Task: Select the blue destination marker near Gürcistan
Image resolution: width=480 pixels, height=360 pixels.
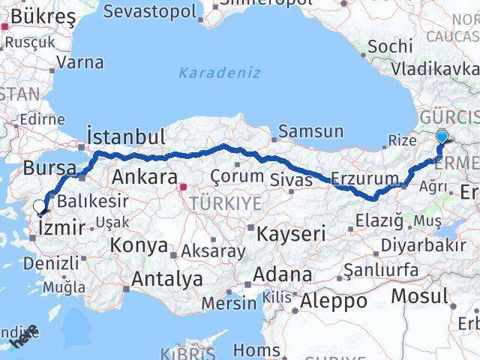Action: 442,136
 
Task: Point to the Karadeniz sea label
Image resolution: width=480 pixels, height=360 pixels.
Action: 219,73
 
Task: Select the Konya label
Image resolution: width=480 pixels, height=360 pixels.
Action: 139,245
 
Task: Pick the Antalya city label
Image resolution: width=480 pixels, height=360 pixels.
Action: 166,279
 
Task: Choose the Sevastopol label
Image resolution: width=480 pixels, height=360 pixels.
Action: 150,11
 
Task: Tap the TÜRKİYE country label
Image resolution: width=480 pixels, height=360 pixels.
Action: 225,203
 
